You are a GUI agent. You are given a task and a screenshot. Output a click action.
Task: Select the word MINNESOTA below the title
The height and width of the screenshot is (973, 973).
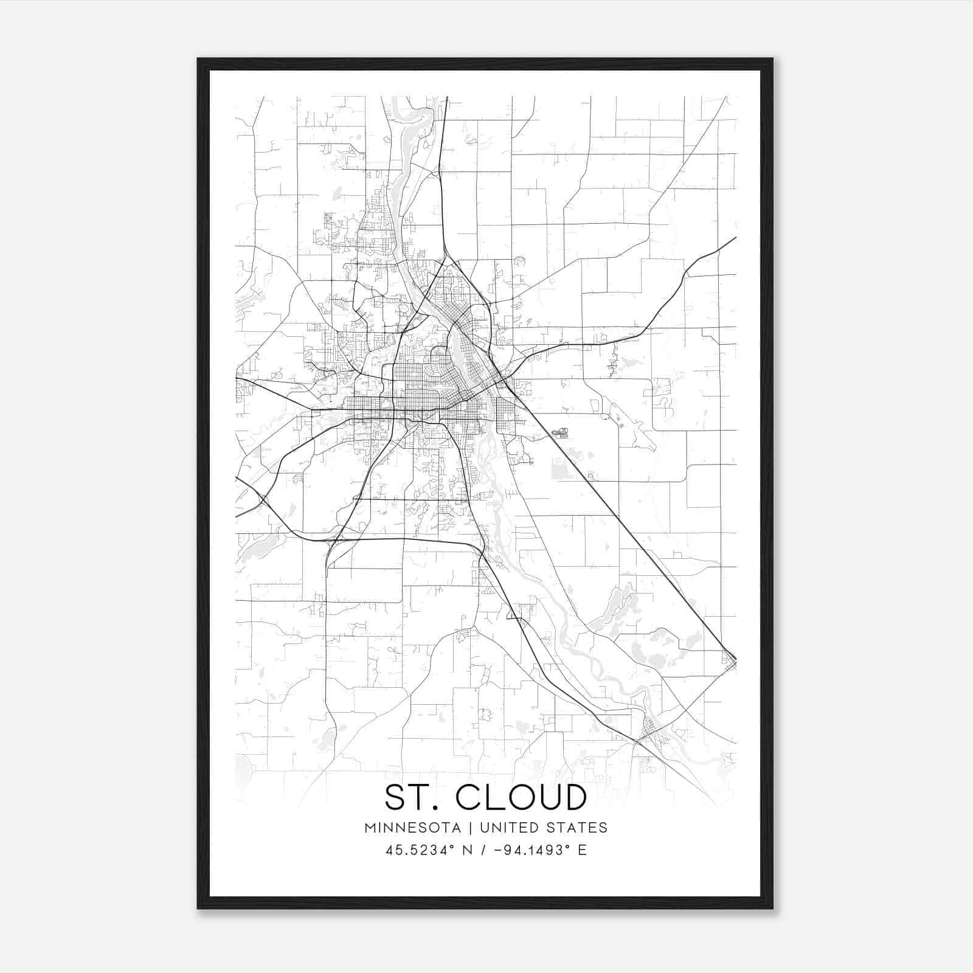click(x=412, y=828)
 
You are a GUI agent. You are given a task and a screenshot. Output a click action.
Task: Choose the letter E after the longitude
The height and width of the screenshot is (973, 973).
click(x=583, y=850)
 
